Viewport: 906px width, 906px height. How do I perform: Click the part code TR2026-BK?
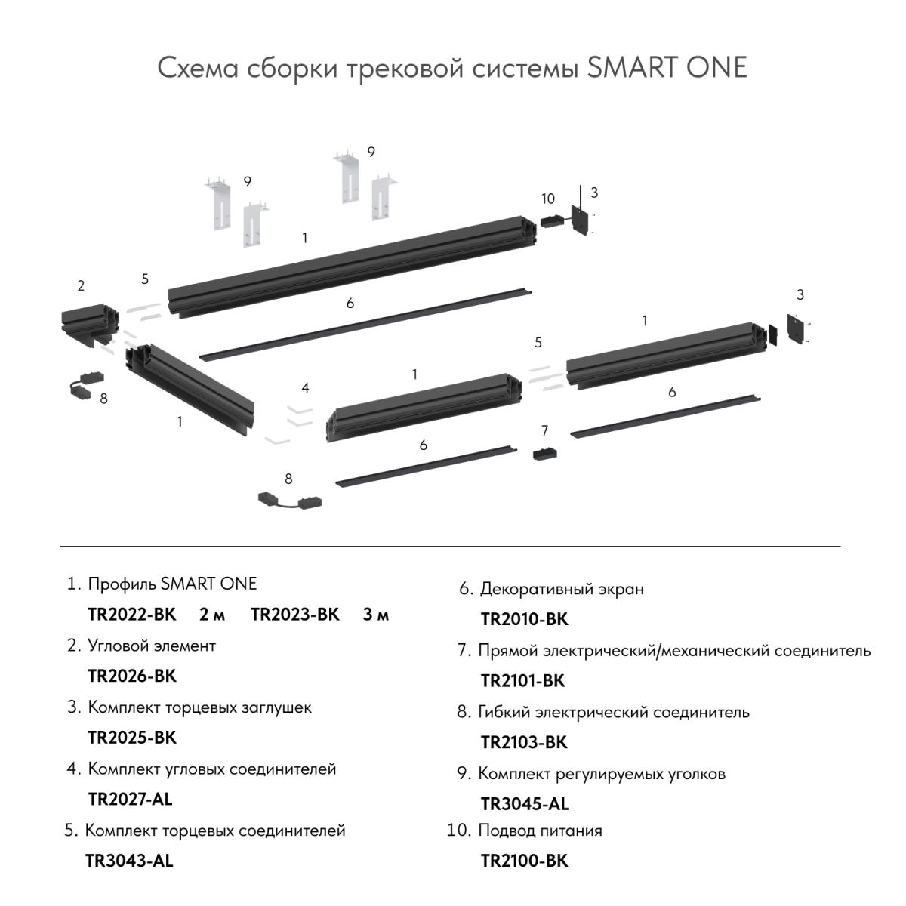[132, 676]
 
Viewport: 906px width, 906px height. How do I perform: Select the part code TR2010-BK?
[524, 619]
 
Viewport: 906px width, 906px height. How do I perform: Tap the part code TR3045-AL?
[525, 804]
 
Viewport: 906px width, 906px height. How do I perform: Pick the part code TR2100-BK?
[524, 861]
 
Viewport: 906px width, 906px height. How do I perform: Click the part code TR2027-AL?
[130, 799]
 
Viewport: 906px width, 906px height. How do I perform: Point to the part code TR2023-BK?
[295, 615]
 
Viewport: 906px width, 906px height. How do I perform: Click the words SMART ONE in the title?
[667, 67]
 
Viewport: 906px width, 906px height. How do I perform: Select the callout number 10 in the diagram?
[548, 199]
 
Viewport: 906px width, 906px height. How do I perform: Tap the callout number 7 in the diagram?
[545, 430]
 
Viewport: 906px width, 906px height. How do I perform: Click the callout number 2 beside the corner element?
[81, 286]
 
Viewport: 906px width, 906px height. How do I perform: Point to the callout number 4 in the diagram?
[305, 388]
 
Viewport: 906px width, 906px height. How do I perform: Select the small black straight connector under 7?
[544, 455]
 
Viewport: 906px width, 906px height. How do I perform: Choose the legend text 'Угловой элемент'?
[152, 646]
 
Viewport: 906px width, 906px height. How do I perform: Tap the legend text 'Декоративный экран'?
[562, 589]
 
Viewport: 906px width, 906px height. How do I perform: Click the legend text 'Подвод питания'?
[540, 830]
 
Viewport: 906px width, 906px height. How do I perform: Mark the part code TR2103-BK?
[524, 742]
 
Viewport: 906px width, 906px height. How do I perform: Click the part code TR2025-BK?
[132, 738]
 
